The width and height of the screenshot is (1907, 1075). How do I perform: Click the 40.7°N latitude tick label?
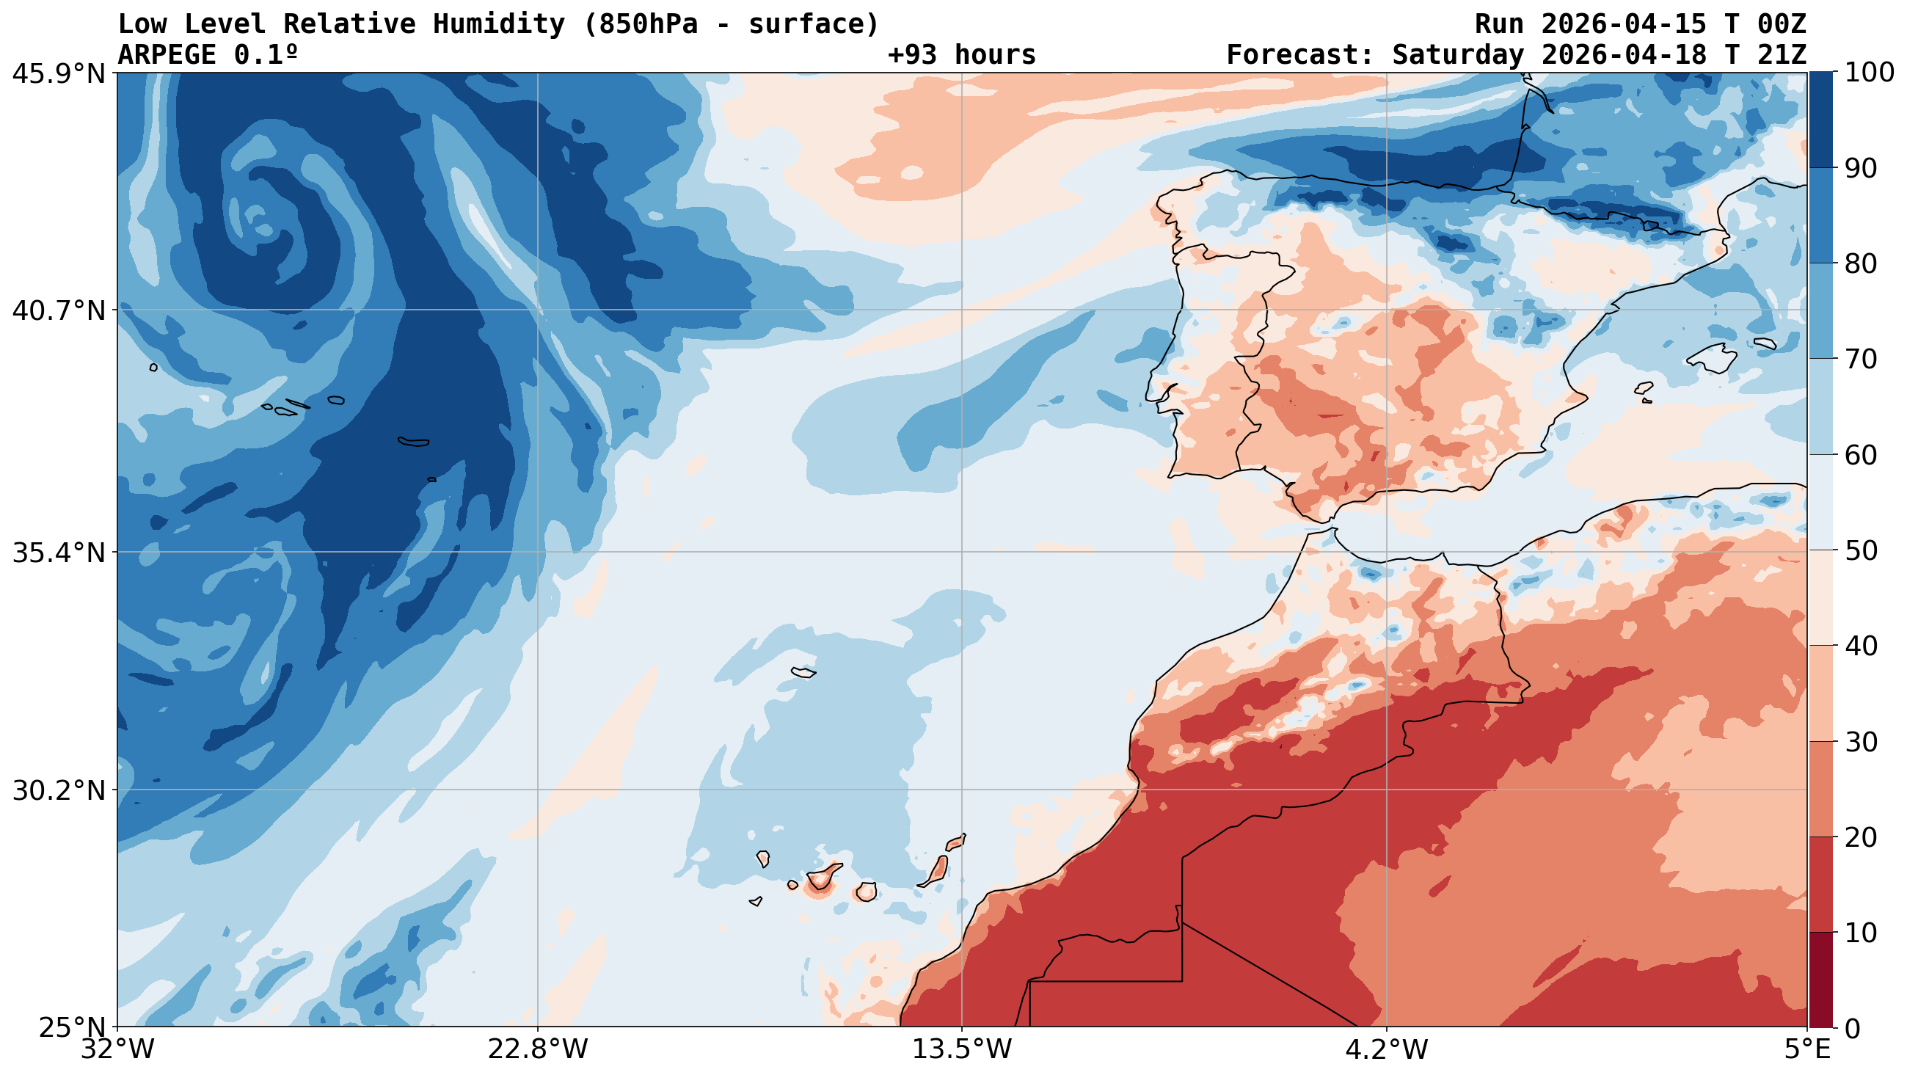point(59,310)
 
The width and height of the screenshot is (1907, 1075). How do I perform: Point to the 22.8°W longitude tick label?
point(537,1050)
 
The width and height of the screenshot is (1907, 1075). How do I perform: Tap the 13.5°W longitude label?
point(961,1050)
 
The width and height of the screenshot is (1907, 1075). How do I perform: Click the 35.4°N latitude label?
point(59,553)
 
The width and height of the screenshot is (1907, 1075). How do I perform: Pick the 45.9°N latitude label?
point(59,73)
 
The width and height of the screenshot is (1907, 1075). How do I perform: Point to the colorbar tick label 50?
point(1859,551)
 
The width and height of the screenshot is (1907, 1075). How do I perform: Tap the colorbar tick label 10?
point(1859,933)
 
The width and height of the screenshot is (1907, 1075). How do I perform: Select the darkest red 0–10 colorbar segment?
point(1820,980)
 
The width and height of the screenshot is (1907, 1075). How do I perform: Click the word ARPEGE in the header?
point(167,55)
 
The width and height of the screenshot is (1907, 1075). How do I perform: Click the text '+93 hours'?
point(961,55)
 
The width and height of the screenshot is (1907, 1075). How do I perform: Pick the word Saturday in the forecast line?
point(1457,55)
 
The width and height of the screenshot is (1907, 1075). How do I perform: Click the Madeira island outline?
point(803,672)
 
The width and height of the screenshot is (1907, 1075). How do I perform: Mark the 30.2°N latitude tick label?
point(59,790)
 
